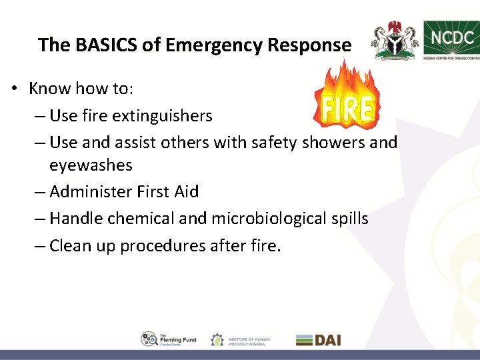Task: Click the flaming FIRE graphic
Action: [x=346, y=100]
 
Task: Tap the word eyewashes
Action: [x=91, y=165]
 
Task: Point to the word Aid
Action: [x=186, y=192]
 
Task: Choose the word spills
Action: [x=352, y=219]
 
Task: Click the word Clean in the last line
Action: [x=70, y=246]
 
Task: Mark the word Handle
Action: [x=75, y=219]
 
